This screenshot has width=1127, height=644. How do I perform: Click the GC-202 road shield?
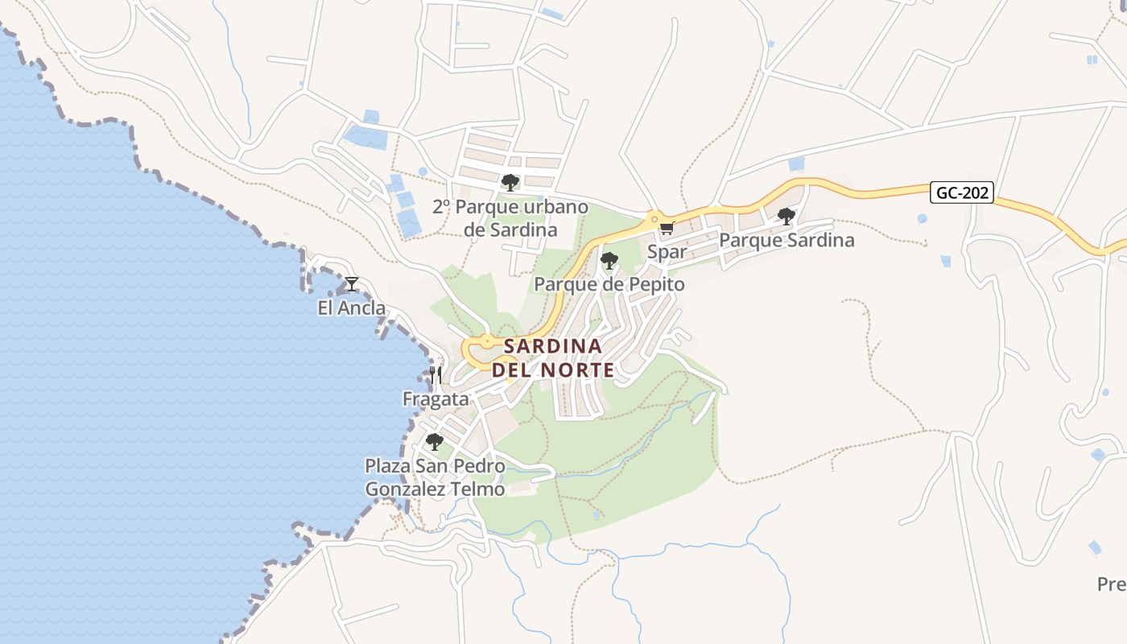(962, 193)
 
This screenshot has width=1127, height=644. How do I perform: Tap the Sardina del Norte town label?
(553, 358)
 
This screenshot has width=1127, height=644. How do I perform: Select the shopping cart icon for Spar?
(667, 229)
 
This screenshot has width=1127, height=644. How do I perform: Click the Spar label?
(667, 252)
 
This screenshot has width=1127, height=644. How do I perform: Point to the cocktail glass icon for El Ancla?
(351, 283)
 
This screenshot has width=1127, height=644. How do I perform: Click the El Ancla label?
(352, 308)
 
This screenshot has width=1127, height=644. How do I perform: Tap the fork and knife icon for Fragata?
(436, 375)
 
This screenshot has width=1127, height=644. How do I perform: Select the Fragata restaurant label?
(436, 399)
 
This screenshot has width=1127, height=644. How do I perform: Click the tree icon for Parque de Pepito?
(609, 261)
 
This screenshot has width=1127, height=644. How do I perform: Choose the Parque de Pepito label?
(609, 284)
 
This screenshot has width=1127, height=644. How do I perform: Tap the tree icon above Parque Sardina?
(786, 216)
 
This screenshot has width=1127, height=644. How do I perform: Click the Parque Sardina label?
(786, 240)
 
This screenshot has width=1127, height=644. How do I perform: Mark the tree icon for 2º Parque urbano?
(510, 183)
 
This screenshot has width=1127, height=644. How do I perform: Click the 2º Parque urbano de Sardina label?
(510, 218)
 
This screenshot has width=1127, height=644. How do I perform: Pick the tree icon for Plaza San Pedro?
(435, 442)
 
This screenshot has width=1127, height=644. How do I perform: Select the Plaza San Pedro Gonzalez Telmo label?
(435, 477)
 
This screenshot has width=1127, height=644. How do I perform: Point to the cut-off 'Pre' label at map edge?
(1112, 584)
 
